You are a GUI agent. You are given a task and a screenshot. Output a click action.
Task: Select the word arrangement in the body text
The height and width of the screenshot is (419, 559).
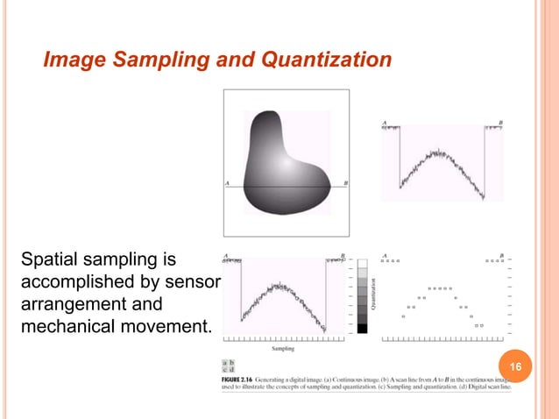73,306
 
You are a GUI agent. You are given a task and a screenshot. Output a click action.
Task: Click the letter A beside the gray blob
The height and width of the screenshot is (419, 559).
228,183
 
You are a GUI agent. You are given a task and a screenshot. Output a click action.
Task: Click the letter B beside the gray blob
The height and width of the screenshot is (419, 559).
345,183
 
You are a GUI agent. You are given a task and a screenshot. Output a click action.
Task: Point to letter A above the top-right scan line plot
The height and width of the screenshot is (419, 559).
384,122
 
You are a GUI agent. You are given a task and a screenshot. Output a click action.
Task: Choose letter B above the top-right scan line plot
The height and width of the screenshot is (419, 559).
500,122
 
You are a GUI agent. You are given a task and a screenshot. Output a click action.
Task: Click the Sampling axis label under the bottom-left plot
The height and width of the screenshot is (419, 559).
282,349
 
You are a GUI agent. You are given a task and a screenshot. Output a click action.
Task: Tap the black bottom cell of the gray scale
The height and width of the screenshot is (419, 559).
363,329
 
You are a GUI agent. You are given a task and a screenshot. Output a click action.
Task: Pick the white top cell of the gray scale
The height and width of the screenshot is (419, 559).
363,261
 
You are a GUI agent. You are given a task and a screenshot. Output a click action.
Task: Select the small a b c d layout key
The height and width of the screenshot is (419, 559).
228,366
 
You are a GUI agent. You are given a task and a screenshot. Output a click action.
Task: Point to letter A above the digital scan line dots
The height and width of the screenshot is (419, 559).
385,256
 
